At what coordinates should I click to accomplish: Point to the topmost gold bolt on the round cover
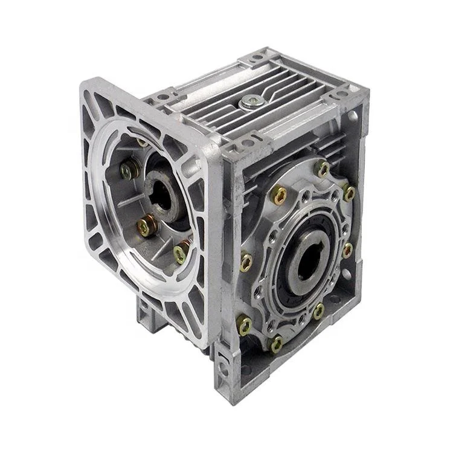[324, 169]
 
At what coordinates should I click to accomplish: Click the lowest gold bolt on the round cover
[276, 344]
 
